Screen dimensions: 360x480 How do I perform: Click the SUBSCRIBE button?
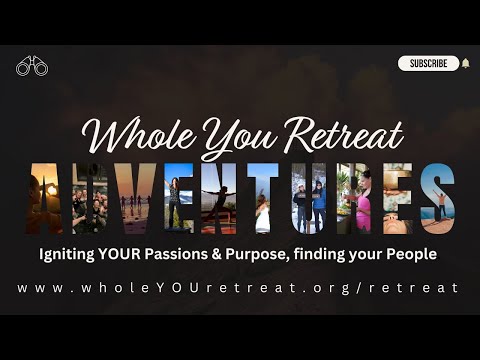[x=428, y=63]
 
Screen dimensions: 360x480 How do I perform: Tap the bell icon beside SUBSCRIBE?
[x=465, y=63]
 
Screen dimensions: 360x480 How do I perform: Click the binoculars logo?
[x=32, y=67]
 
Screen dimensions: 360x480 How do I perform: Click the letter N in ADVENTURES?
[x=230, y=197]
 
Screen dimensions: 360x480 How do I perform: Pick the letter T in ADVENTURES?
[x=273, y=197]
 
